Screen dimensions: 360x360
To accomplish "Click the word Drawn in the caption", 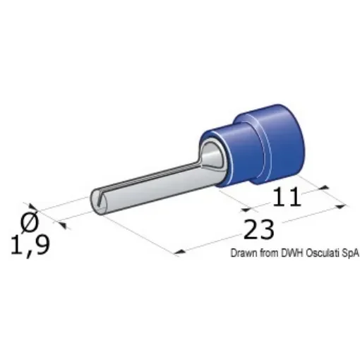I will pos(241,255).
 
